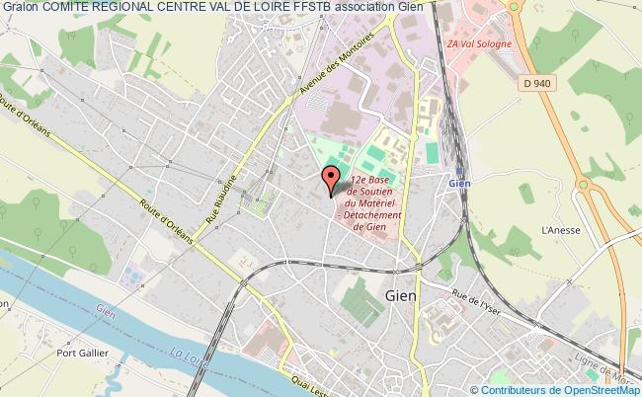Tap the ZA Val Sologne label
[477, 42]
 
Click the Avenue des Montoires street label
[327, 78]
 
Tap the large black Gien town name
[401, 296]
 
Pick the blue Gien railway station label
[457, 182]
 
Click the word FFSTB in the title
[303, 8]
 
